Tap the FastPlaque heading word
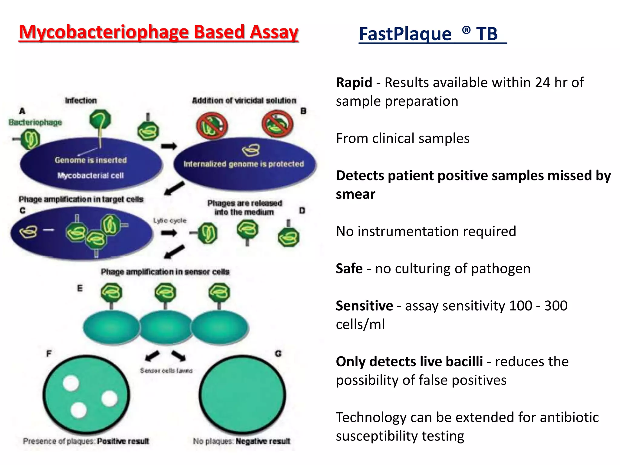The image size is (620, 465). (405, 34)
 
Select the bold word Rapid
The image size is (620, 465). (354, 82)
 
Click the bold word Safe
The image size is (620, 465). (349, 269)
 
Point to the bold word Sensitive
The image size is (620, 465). (364, 306)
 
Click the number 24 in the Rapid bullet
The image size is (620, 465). (542, 82)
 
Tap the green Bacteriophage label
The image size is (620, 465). (35, 122)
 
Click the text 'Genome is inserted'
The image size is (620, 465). (91, 160)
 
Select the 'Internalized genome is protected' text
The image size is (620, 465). (243, 164)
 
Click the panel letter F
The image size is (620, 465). (49, 354)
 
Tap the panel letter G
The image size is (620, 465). (278, 354)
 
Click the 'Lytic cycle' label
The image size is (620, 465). (170, 221)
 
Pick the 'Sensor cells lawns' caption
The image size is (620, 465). (166, 371)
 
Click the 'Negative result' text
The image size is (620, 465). (263, 441)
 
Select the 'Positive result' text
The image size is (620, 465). (123, 441)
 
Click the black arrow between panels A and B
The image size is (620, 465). (169, 147)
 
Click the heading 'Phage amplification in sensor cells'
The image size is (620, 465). (165, 272)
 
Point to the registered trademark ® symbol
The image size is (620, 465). (466, 30)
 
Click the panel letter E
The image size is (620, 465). (80, 288)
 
